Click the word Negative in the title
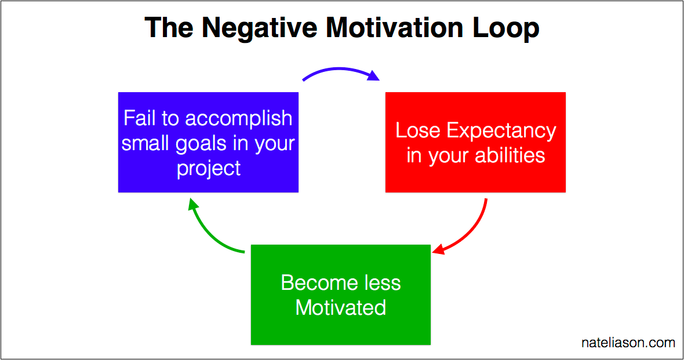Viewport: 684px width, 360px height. [260, 28]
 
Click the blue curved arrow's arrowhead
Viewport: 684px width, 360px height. [373, 76]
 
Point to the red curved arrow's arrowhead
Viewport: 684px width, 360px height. [438, 250]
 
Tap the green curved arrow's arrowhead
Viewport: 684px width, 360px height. [193, 204]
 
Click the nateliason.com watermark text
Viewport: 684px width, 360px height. [628, 343]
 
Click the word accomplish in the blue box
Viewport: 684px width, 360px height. [239, 119]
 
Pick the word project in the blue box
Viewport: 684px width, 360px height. [209, 169]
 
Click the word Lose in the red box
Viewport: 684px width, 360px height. [417, 130]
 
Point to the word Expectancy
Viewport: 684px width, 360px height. [501, 132]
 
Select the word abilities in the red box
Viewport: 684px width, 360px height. [509, 155]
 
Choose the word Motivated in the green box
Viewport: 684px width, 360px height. [341, 307]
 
